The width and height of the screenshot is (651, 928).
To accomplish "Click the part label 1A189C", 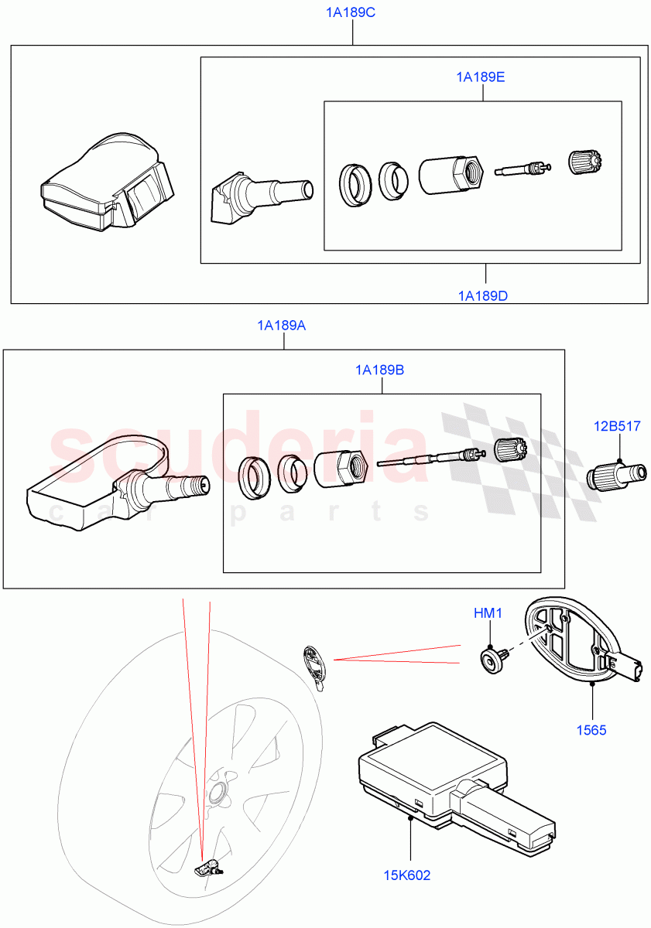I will (352, 13).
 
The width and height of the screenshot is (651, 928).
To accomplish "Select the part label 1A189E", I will (481, 77).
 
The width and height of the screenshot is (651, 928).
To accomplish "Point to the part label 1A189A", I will (282, 326).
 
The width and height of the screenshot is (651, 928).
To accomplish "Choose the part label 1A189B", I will (379, 370).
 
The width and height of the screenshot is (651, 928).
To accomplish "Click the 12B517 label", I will (617, 426).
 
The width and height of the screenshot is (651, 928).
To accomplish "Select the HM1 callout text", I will (488, 613).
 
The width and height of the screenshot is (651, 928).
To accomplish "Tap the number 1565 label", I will (592, 729).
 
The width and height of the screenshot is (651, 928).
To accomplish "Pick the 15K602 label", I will (407, 875).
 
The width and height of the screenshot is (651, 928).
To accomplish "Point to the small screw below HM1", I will (492, 657).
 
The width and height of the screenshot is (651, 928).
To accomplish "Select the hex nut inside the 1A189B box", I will (341, 467).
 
